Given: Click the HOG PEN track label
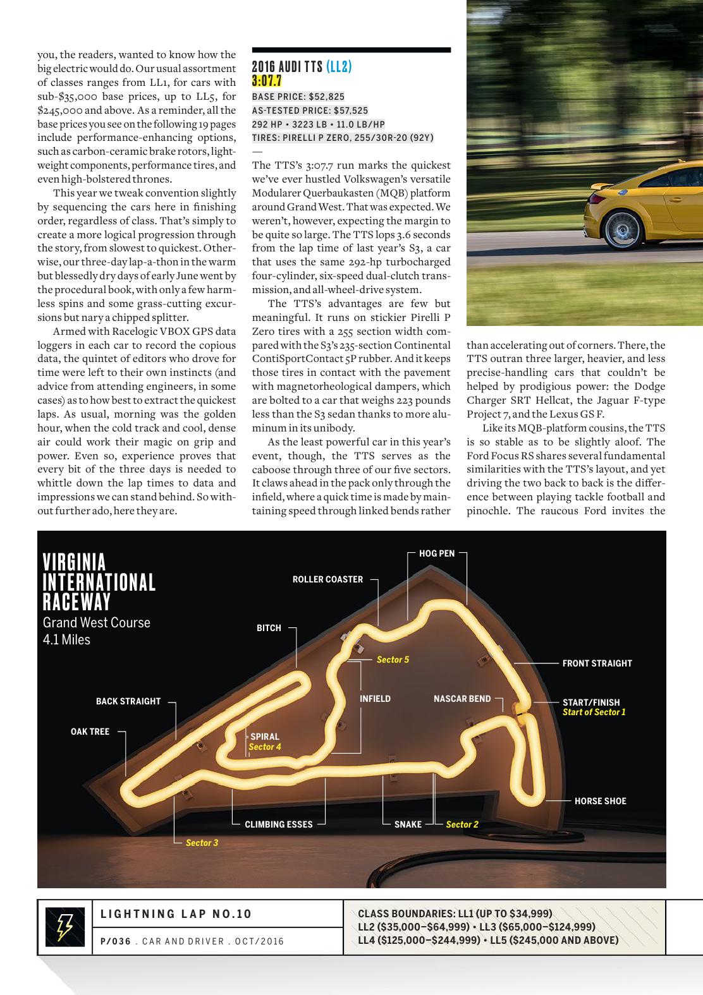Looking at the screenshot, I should (436, 553).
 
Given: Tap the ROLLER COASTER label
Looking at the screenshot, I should (327, 579).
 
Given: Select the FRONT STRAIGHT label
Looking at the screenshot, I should (597, 663).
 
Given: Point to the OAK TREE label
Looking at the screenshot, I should (90, 732).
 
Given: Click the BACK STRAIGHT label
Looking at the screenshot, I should (128, 701).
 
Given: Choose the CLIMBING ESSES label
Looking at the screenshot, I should (278, 824).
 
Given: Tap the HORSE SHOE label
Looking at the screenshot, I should (600, 801).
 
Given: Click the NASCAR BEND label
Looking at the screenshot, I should (462, 699).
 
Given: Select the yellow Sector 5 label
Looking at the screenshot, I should (393, 660).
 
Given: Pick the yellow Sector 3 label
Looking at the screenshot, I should (202, 843).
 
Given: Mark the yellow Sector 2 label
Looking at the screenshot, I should (462, 824).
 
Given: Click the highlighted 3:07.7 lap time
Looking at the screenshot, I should (266, 81).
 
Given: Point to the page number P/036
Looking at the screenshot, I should (115, 941).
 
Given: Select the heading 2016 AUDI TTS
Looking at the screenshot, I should (287, 67).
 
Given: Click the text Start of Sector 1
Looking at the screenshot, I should (594, 712).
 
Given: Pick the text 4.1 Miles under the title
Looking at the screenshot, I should (66, 639).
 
